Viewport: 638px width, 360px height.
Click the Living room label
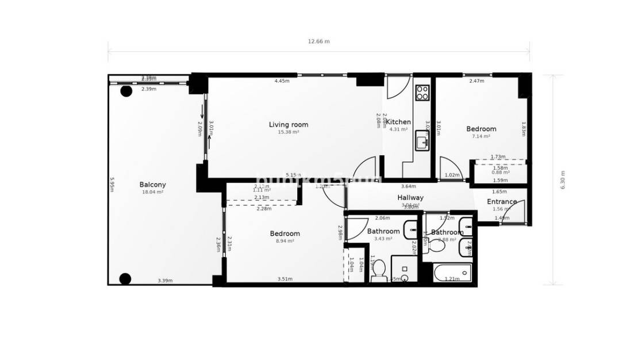click(289, 124)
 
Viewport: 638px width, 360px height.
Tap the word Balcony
click(152, 185)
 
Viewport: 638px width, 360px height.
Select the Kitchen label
click(398, 122)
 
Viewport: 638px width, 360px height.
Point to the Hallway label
click(410, 198)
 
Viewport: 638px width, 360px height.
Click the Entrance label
click(501, 202)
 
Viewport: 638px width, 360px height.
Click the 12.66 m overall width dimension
click(319, 41)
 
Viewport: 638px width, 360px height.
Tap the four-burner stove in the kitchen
click(422, 93)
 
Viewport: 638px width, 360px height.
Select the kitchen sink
click(422, 141)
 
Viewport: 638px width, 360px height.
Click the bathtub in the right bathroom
click(452, 272)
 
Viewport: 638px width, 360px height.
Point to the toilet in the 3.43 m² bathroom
click(379, 278)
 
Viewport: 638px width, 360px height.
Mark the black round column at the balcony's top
click(126, 91)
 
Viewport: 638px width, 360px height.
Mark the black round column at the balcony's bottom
click(125, 279)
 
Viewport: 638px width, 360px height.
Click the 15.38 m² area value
click(289, 132)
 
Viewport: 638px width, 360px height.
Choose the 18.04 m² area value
click(152, 192)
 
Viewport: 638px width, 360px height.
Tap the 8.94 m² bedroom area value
click(285, 242)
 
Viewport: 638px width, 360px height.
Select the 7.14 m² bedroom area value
click(481, 137)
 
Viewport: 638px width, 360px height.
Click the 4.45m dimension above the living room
click(282, 81)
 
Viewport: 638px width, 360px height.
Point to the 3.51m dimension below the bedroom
click(285, 279)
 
